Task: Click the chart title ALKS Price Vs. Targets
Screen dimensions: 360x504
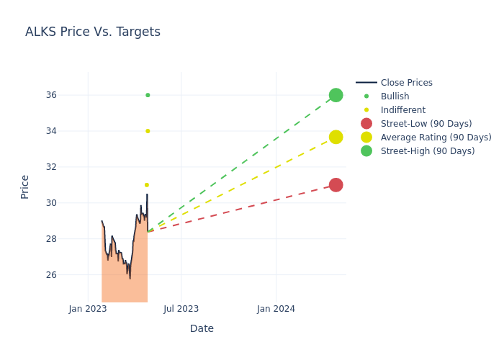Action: (x=93, y=32)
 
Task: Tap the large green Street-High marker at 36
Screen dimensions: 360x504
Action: (x=336, y=95)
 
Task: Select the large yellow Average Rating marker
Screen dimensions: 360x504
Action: (x=336, y=137)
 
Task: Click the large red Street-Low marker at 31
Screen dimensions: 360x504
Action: (x=336, y=185)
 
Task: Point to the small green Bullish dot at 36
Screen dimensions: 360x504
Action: (x=148, y=95)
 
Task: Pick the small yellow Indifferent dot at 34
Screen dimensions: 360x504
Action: (x=148, y=131)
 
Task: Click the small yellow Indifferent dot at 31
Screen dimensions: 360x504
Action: (x=147, y=185)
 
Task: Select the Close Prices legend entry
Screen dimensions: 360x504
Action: (x=406, y=83)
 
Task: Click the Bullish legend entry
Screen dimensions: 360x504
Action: (x=395, y=96)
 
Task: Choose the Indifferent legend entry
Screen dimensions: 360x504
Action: (x=402, y=110)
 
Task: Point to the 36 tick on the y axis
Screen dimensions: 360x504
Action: (x=71, y=95)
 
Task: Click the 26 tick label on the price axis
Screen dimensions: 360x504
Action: (x=71, y=275)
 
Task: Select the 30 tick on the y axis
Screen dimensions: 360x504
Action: (x=71, y=203)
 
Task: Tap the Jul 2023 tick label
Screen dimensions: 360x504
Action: (x=181, y=309)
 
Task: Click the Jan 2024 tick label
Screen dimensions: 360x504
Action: (x=276, y=309)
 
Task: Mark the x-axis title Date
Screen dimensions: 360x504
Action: (x=202, y=328)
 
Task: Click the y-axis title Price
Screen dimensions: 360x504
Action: (x=25, y=186)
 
